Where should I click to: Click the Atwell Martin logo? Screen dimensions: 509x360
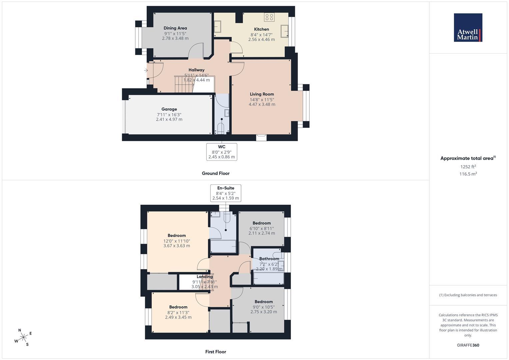(468, 27)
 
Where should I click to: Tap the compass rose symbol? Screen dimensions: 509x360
(23, 337)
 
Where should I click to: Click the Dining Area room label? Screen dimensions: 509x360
(175, 28)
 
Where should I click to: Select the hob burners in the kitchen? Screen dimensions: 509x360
(269, 17)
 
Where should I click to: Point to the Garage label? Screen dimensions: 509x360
(169, 109)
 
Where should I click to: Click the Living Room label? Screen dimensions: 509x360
(262, 94)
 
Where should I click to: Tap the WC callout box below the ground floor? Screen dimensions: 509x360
(222, 152)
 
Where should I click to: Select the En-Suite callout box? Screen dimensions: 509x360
(226, 193)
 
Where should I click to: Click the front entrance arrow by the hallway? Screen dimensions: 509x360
(146, 70)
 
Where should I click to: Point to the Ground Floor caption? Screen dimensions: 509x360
(216, 173)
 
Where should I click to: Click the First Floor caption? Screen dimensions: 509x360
(216, 352)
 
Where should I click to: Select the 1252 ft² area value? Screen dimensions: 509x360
(468, 167)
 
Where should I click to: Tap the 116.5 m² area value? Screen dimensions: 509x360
(468, 174)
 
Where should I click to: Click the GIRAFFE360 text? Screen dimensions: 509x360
(468, 345)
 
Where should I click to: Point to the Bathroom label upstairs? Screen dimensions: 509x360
(269, 259)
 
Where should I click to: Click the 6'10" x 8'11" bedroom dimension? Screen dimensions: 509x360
(262, 228)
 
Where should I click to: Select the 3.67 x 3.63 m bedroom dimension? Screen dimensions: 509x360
(177, 246)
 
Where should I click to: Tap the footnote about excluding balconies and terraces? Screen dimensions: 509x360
(468, 295)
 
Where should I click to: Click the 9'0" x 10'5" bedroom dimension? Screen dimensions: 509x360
(264, 307)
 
